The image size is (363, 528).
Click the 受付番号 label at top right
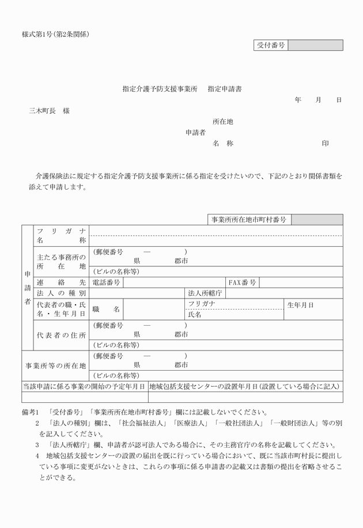tap(270, 45)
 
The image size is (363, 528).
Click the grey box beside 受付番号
tap(315, 45)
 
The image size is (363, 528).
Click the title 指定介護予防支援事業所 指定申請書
tap(182, 89)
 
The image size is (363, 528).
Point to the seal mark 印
tap(326, 144)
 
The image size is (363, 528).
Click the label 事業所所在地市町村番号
tap(249, 220)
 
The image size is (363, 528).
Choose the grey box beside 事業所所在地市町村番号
tap(317, 220)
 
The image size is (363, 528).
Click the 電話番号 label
tap(107, 282)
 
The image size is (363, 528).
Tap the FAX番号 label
tap(242, 282)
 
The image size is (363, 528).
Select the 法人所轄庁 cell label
tap(205, 293)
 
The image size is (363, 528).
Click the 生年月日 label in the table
tap(301, 304)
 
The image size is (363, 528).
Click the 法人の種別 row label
tap(61, 293)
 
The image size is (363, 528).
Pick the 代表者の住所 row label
tap(61, 335)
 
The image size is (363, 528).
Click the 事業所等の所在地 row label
tap(56, 365)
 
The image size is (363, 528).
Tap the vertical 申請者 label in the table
tap(27, 287)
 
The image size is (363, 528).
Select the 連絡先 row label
tap(61, 282)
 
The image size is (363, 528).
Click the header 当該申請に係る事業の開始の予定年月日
tap(84, 386)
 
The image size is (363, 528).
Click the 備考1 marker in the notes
tap(30, 412)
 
